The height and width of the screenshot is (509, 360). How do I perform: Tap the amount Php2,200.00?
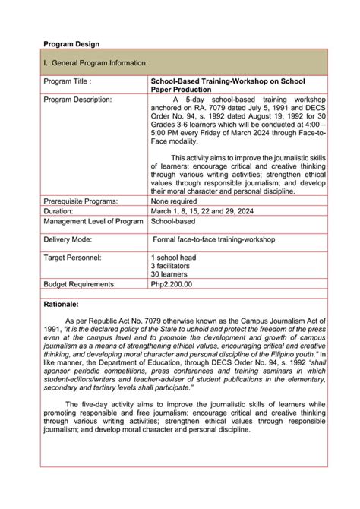[172, 284]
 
